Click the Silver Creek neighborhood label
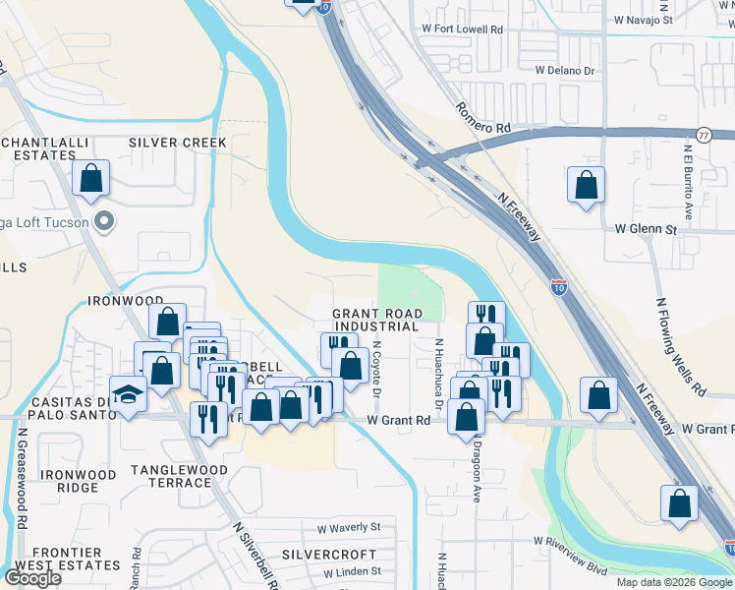[178, 143]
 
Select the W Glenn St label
[646, 228]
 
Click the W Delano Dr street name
[565, 70]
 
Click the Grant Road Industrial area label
[377, 320]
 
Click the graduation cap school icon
[129, 394]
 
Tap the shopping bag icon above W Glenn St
[586, 185]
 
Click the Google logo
[32, 578]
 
